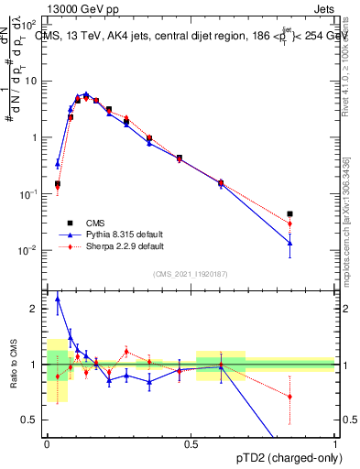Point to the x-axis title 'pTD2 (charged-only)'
click(284, 457)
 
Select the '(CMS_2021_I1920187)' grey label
click(190, 272)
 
